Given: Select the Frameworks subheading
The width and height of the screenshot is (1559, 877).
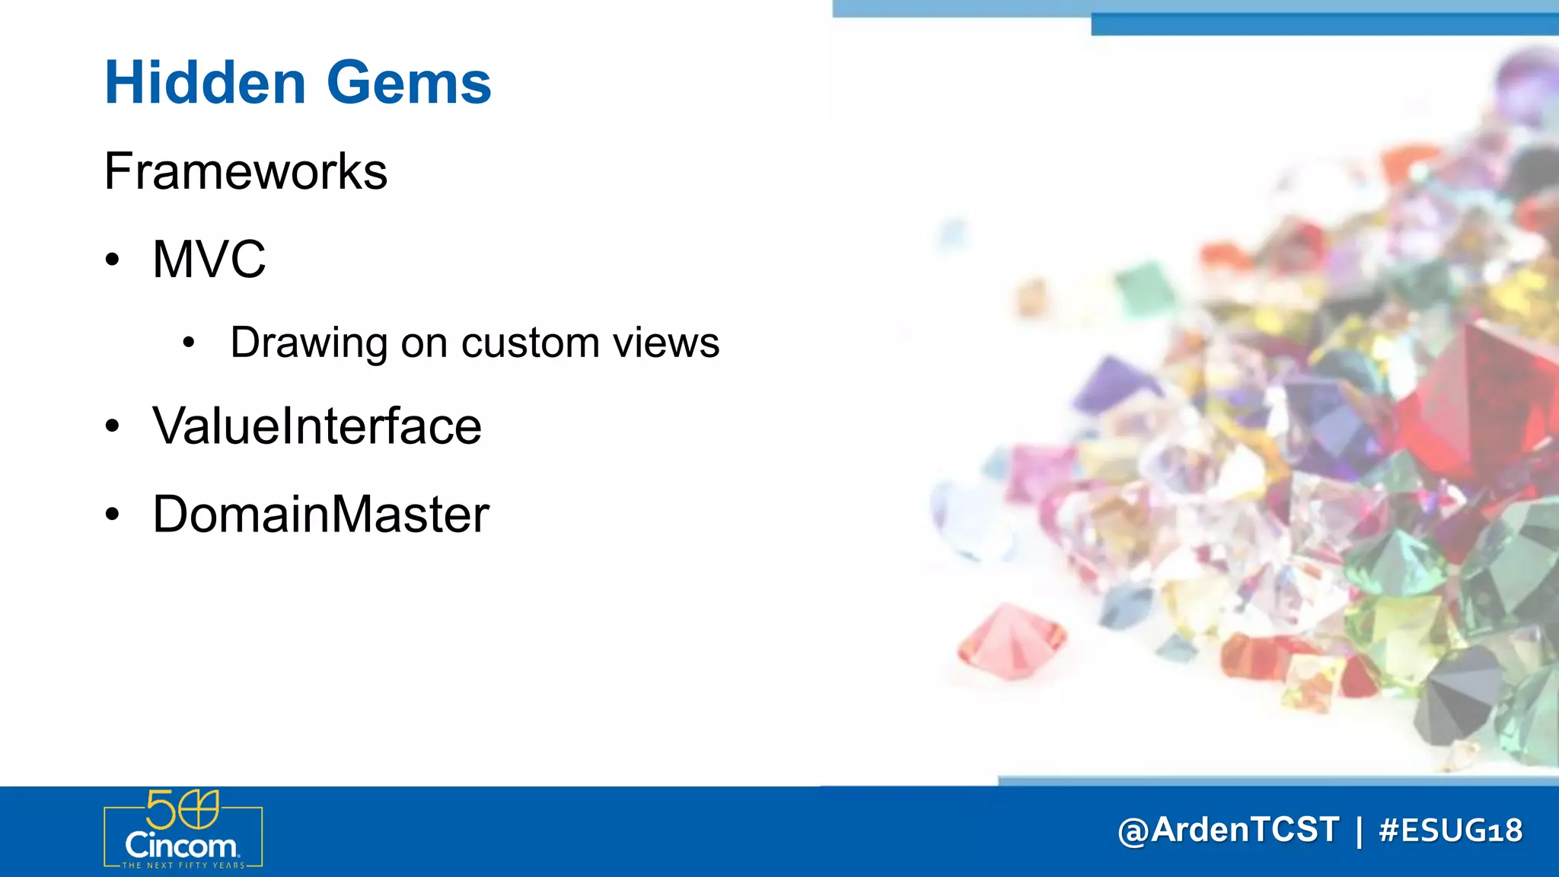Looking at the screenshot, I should pyautogui.click(x=245, y=171).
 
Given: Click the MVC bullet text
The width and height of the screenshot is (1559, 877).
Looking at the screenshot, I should pyautogui.click(x=209, y=260).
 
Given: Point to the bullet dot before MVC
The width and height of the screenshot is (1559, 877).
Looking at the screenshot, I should pyautogui.click(x=113, y=260).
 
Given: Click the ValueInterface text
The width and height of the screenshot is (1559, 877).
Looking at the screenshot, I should pyautogui.click(x=317, y=426).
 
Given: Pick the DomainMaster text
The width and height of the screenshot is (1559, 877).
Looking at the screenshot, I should pyautogui.click(x=320, y=515).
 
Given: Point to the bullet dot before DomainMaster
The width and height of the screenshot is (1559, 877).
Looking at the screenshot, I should pyautogui.click(x=113, y=515).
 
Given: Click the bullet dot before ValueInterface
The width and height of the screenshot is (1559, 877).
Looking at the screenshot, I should pyautogui.click(x=113, y=426).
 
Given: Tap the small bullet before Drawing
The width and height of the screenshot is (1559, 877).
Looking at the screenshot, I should pyautogui.click(x=189, y=343).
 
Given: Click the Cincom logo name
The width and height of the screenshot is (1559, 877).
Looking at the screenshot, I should pyautogui.click(x=181, y=846).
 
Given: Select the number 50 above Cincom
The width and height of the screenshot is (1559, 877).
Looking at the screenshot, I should pyautogui.click(x=182, y=809).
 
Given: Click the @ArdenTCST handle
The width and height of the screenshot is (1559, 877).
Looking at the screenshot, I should pyautogui.click(x=1228, y=830).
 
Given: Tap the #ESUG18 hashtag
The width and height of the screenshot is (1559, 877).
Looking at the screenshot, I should pyautogui.click(x=1450, y=830).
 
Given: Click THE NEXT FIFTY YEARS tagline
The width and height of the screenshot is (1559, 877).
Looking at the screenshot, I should pyautogui.click(x=183, y=866).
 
